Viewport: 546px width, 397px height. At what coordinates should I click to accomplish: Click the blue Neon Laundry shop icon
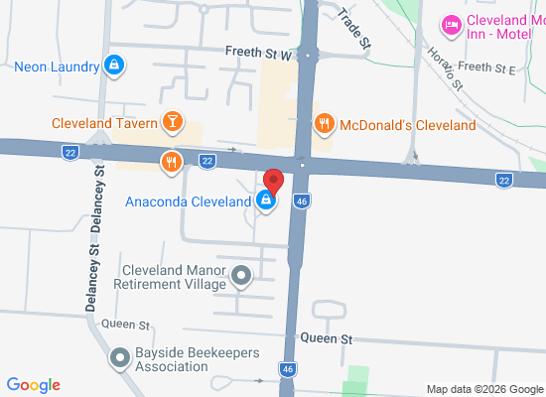115,66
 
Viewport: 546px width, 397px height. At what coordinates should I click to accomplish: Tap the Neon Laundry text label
57,67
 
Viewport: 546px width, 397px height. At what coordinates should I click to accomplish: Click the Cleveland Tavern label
105,124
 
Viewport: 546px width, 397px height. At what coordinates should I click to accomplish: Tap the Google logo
34,385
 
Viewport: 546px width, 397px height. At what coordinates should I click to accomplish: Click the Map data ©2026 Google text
485,389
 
